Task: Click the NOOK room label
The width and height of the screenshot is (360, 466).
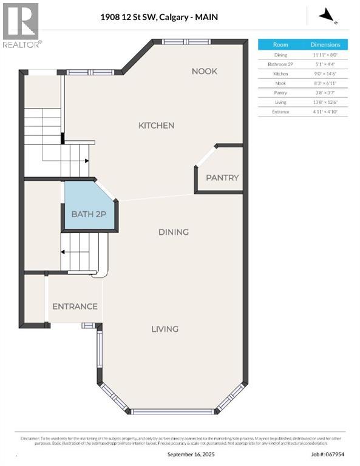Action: pyautogui.click(x=204, y=71)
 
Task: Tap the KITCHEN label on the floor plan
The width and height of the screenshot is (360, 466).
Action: pyautogui.click(x=156, y=125)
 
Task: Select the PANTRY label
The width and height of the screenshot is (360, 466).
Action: pyautogui.click(x=222, y=178)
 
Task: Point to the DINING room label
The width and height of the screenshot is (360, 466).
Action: pyautogui.click(x=173, y=232)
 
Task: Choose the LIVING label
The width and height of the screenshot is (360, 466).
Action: pyautogui.click(x=165, y=329)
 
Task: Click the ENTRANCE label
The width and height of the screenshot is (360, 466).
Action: pyautogui.click(x=75, y=306)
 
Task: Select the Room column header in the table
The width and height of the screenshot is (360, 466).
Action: pyautogui.click(x=280, y=44)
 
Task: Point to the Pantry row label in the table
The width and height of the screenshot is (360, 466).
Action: pyautogui.click(x=280, y=93)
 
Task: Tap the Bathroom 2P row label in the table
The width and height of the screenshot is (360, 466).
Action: pyautogui.click(x=280, y=64)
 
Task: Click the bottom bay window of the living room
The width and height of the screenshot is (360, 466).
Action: pyautogui.click(x=173, y=412)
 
